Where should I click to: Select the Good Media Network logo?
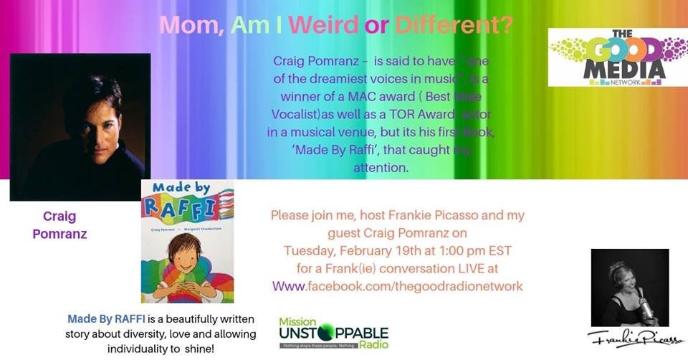tap(617, 57)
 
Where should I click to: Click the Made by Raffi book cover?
tap(188, 242)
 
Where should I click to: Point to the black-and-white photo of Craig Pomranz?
tap(80, 126)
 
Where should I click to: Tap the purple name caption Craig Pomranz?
tap(59, 225)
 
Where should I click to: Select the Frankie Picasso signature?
tap(629, 338)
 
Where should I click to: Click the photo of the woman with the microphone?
tap(629, 287)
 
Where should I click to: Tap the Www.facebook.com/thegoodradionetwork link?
tap(398, 286)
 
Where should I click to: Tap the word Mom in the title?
tap(184, 26)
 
